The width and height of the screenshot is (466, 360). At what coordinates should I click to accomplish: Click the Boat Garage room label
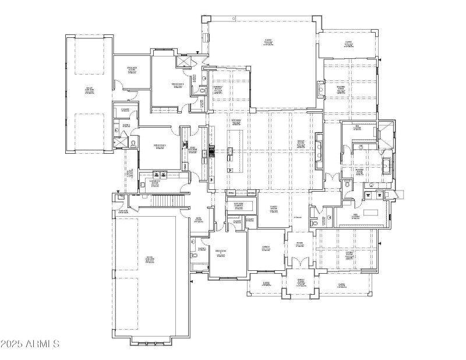(x=90, y=90)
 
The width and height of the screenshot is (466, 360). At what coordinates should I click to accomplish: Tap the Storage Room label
(x=132, y=70)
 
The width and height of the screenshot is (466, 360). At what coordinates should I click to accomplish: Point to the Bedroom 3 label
(x=160, y=146)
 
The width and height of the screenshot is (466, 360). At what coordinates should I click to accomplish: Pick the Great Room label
(x=301, y=143)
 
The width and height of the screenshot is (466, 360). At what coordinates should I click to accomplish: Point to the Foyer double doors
(x=300, y=263)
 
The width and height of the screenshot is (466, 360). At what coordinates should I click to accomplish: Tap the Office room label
(x=265, y=248)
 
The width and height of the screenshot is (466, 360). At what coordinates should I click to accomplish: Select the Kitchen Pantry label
(x=238, y=204)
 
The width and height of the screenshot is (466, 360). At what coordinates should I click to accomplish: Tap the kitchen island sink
(x=231, y=153)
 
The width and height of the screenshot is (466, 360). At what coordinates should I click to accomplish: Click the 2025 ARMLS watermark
(x=30, y=344)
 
